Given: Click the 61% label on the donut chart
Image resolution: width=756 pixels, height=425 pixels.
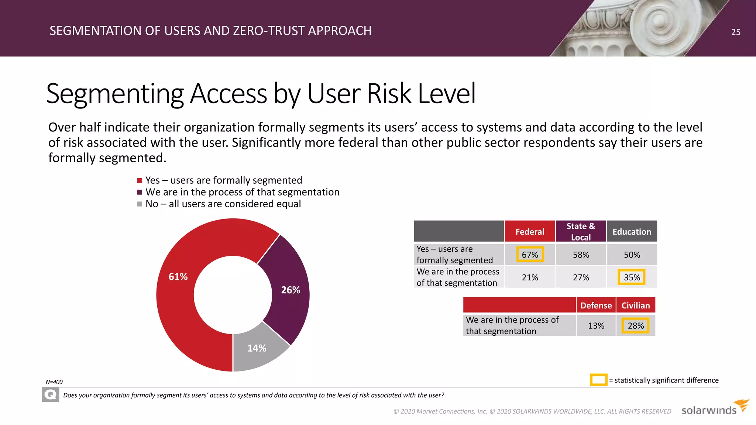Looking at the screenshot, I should [x=178, y=277].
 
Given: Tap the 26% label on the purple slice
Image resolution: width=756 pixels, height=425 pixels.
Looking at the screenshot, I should [x=291, y=290].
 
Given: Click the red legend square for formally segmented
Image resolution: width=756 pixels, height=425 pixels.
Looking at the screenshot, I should [x=140, y=180].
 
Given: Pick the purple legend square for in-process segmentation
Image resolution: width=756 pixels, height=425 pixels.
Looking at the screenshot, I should [x=140, y=192].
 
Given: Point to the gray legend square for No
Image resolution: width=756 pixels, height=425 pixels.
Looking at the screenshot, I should [x=140, y=204].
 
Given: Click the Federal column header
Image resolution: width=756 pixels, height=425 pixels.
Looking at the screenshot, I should [x=530, y=232].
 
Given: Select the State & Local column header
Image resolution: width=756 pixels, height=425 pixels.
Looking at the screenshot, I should [x=581, y=232].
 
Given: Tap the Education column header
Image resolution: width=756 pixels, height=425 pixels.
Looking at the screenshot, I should [x=632, y=232].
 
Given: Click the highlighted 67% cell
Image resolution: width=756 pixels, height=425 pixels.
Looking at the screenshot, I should [x=530, y=255].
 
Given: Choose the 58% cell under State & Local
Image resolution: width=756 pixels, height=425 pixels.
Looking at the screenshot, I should [x=581, y=255].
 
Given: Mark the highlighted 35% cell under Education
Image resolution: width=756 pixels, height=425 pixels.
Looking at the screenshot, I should [x=632, y=277].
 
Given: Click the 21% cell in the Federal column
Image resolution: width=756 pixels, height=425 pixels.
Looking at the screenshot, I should [x=530, y=277].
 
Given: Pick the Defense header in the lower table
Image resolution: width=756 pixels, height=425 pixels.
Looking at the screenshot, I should [x=596, y=305].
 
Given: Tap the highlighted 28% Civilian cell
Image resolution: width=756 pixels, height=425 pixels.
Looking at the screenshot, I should [x=635, y=326].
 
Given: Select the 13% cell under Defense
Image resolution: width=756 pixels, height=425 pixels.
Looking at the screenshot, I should [x=596, y=326].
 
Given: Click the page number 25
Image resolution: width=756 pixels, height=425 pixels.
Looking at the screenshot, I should [x=736, y=32].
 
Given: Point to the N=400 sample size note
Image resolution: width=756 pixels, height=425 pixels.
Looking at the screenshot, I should [x=54, y=382].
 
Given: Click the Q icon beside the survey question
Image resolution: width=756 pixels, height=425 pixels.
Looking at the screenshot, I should [x=50, y=395].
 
